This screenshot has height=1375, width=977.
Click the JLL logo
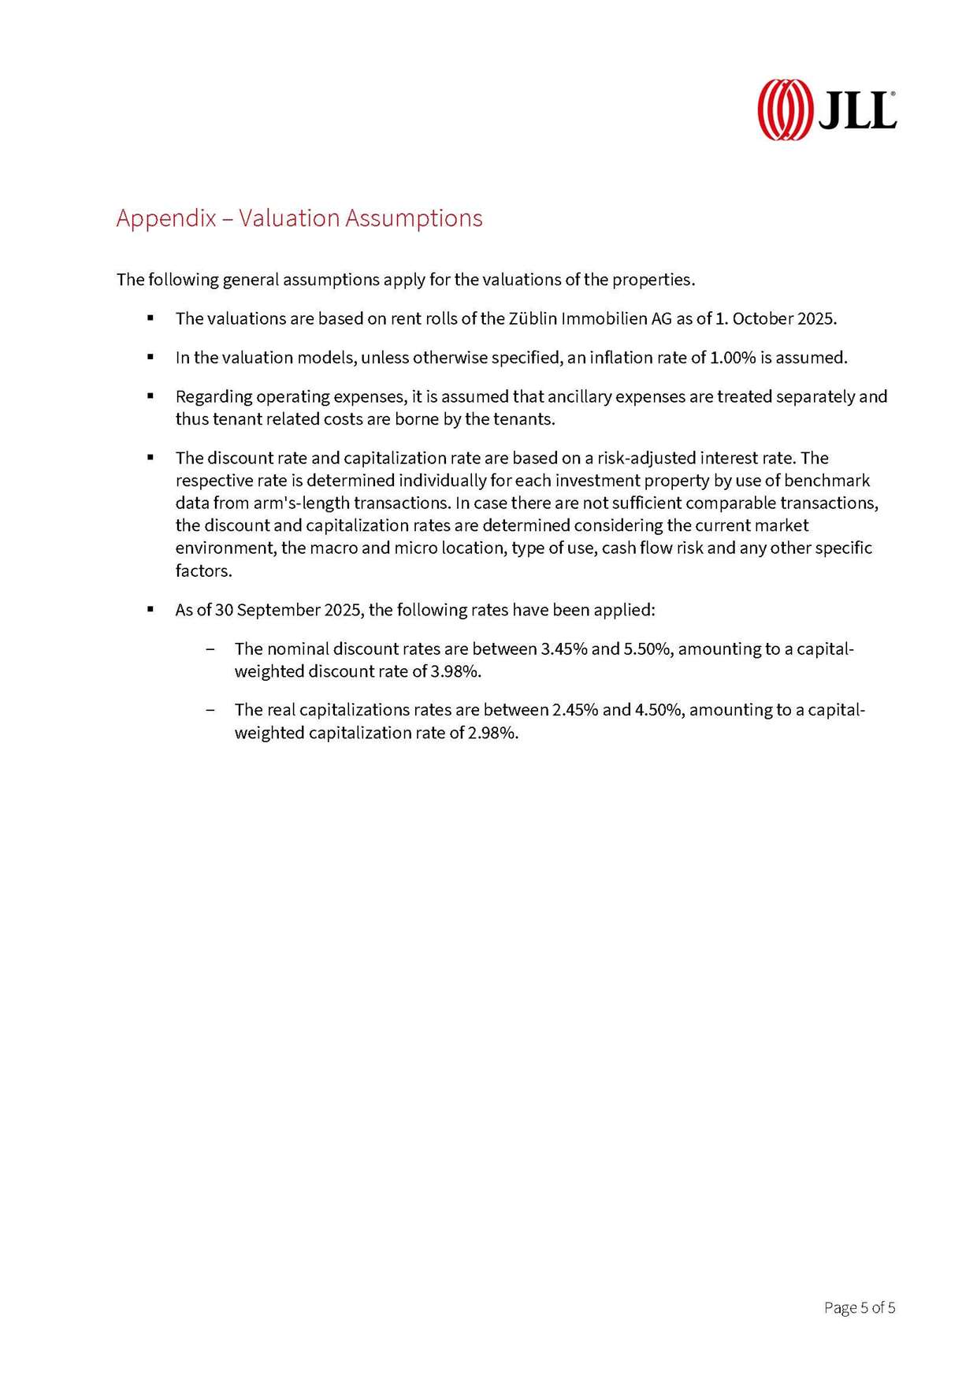click(x=827, y=110)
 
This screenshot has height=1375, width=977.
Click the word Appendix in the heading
click(x=165, y=218)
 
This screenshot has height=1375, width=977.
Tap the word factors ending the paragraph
click(x=203, y=570)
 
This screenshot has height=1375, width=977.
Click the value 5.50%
click(x=647, y=649)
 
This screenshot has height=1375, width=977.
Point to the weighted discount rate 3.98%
click(x=455, y=671)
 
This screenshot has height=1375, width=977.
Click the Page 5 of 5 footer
click(x=859, y=1308)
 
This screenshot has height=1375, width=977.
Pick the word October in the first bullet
click(x=762, y=319)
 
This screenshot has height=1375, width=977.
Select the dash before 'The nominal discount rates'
click(x=210, y=649)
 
